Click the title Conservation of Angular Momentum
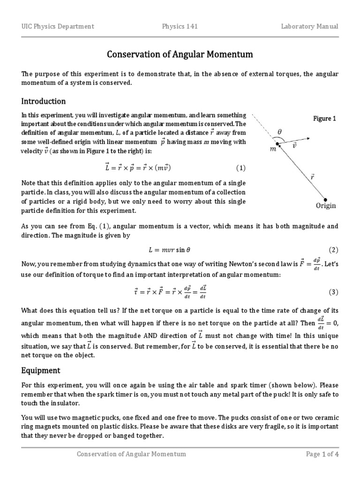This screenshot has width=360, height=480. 180,55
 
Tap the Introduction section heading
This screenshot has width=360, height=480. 44,101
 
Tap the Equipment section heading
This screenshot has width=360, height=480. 41,370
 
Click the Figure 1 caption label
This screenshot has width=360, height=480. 325,119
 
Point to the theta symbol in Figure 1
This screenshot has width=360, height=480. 280,132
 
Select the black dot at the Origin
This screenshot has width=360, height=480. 326,198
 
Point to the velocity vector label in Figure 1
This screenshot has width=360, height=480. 294,146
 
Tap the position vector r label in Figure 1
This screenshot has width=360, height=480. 312,177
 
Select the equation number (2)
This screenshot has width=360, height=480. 333,250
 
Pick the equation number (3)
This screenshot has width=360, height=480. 333,292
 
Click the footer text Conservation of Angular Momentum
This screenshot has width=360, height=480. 131,454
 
